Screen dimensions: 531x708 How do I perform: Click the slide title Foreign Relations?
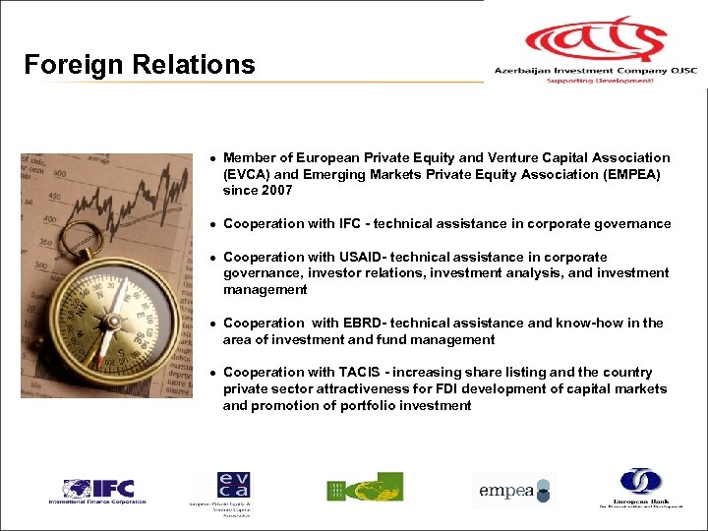pyautogui.click(x=139, y=65)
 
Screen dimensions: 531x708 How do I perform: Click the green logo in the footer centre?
pyautogui.click(x=365, y=488)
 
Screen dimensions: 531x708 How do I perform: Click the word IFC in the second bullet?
pyautogui.click(x=348, y=223)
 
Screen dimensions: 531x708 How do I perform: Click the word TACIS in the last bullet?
pyautogui.click(x=365, y=372)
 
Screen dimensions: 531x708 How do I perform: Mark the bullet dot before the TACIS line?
pyautogui.click(x=211, y=373)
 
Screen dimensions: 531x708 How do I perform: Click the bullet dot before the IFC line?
pyautogui.click(x=211, y=224)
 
